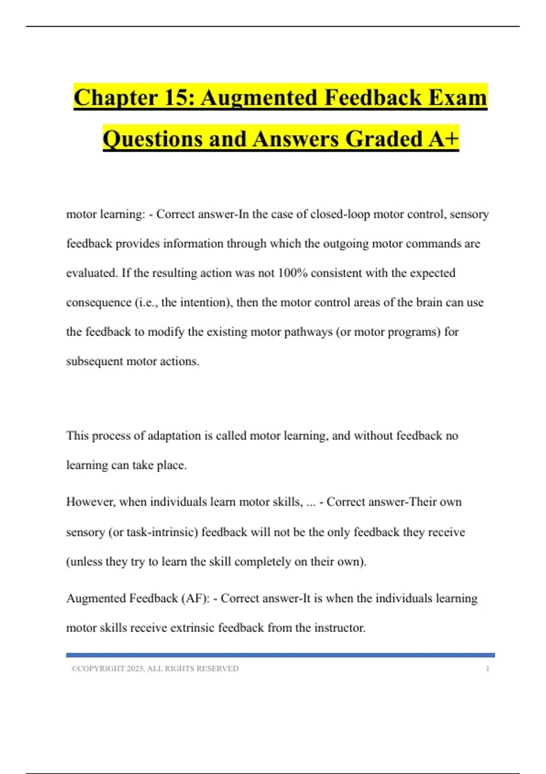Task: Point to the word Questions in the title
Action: (153, 139)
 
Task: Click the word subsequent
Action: (94, 362)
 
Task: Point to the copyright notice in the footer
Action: (155, 668)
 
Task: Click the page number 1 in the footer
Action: (487, 668)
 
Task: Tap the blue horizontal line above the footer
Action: (280, 655)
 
